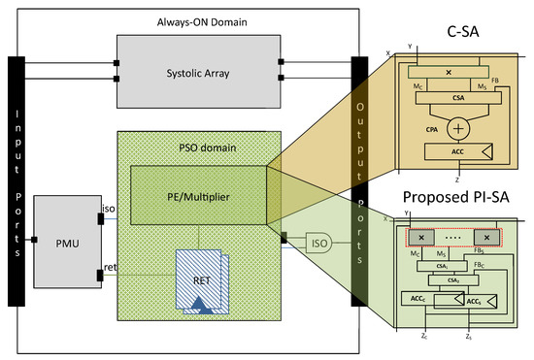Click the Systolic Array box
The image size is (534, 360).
(197, 69)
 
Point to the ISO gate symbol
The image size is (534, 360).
(317, 242)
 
